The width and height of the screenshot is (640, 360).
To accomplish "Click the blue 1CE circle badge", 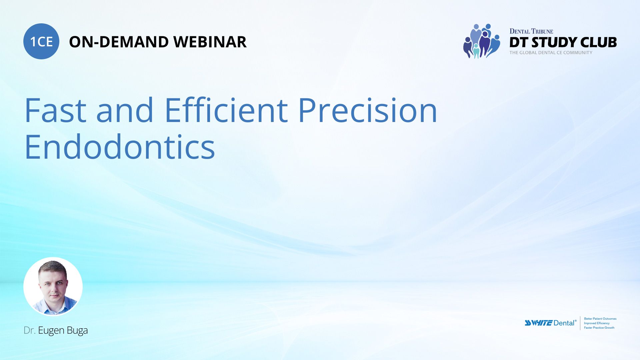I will [41, 41].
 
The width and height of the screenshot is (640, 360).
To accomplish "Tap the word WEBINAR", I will [210, 42].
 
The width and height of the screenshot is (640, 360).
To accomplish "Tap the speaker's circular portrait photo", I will [53, 286].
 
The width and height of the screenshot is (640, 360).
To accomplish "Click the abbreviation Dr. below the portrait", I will [29, 330].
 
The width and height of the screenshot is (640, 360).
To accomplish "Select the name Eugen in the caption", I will [51, 330].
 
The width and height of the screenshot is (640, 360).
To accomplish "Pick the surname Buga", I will [77, 330].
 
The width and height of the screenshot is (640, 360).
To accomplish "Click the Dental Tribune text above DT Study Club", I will [531, 31].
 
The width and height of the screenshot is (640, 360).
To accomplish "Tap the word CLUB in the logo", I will [598, 42].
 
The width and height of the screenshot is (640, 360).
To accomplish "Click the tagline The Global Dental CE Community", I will [551, 53].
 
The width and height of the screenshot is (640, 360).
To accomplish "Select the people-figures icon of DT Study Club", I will [481, 41].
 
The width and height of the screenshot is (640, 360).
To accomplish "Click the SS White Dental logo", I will [550, 323].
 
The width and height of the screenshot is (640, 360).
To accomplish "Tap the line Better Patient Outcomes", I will [600, 319].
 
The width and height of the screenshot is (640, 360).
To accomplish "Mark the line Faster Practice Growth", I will [599, 328].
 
